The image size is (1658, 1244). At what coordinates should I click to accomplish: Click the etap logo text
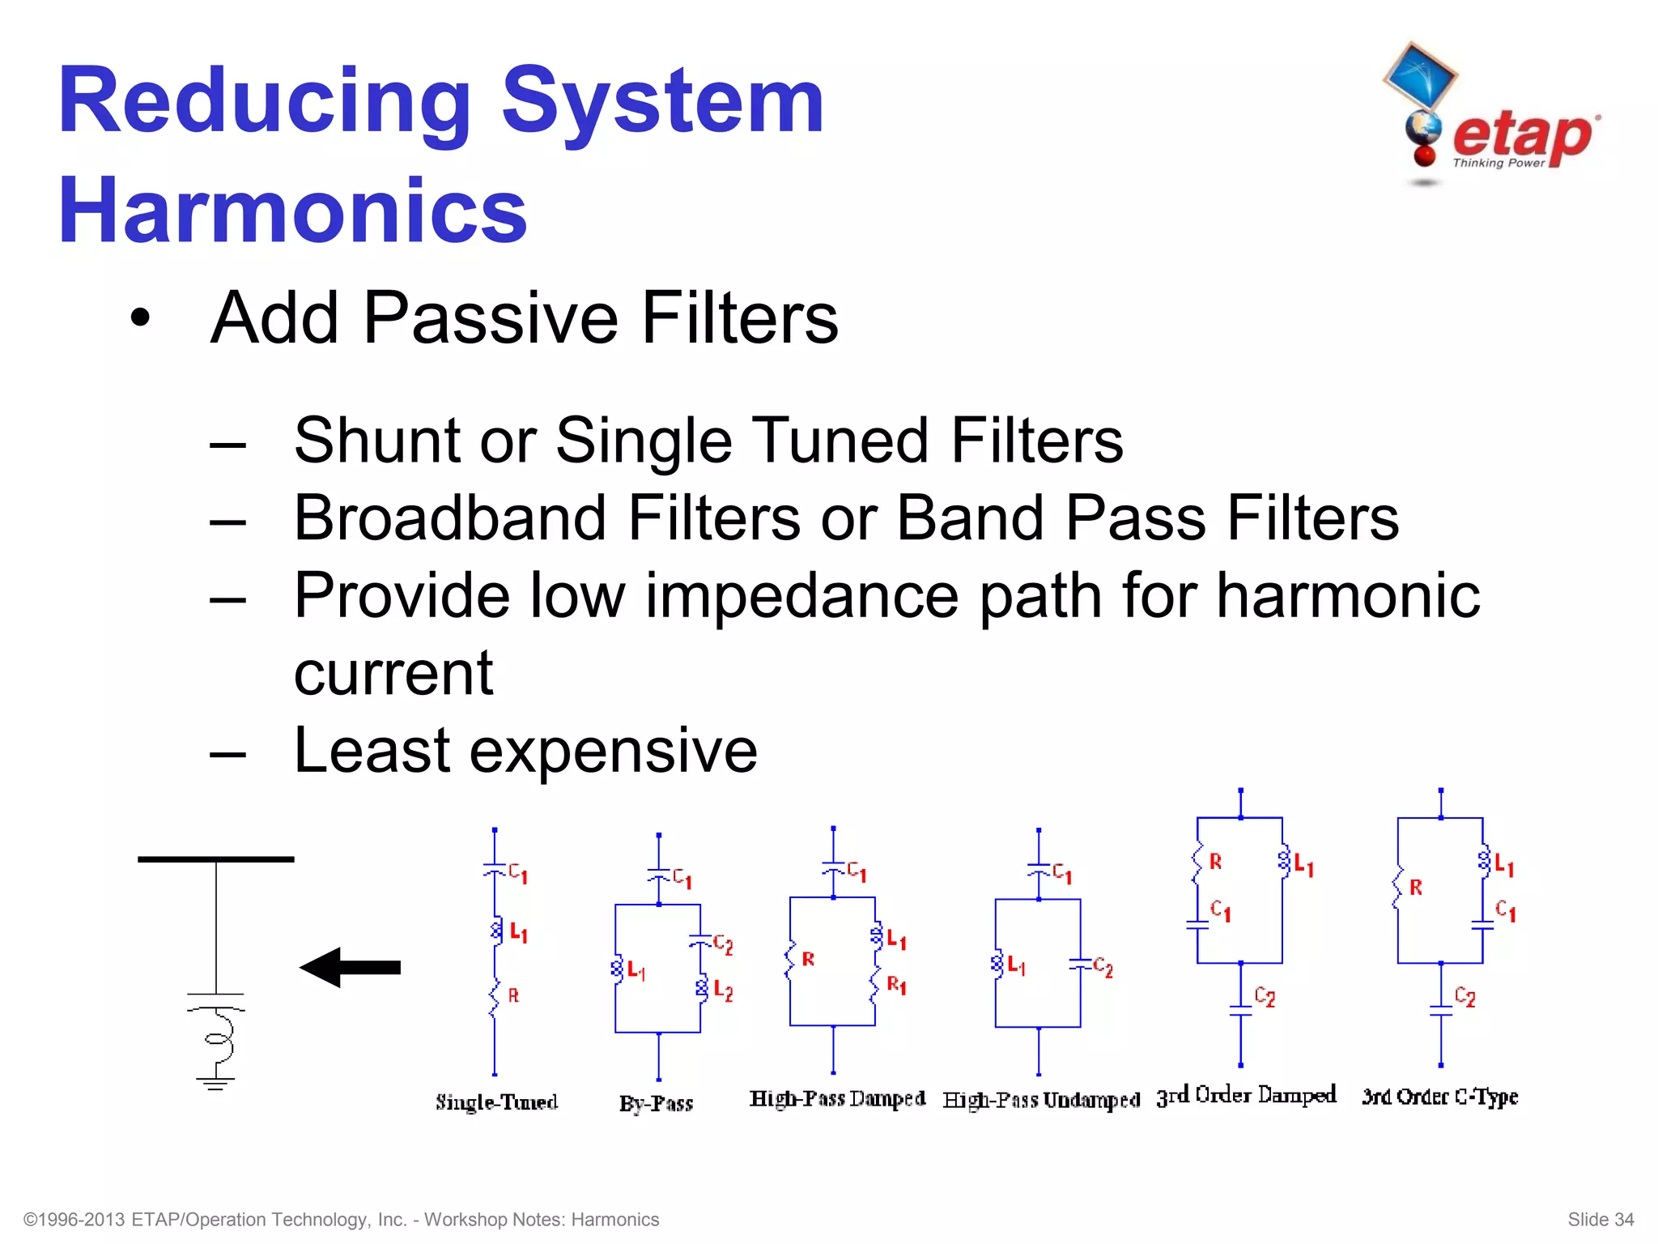[x=1522, y=135]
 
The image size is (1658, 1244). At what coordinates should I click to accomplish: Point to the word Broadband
[x=450, y=518]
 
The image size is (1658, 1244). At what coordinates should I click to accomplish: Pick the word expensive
[x=613, y=751]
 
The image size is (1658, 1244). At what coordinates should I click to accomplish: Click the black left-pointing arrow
[x=350, y=967]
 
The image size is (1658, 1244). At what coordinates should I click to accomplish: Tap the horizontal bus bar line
[x=215, y=859]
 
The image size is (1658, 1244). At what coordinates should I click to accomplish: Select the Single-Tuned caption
[x=496, y=1102]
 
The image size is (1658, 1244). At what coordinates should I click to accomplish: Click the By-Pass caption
[x=656, y=1104]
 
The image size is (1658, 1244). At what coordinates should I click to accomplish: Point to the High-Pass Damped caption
[x=837, y=1099]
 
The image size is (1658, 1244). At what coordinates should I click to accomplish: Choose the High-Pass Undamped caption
[x=1041, y=1100]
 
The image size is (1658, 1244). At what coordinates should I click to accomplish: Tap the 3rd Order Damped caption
[x=1246, y=1096]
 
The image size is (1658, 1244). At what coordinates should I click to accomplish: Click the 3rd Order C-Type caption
[x=1439, y=1097]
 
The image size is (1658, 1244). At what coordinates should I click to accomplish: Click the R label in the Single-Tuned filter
[x=513, y=996]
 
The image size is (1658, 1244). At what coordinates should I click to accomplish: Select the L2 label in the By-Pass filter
[x=723, y=992]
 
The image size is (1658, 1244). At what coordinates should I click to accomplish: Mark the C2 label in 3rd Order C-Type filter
[x=1465, y=996]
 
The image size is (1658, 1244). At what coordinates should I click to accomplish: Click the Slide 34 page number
[x=1601, y=1220]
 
